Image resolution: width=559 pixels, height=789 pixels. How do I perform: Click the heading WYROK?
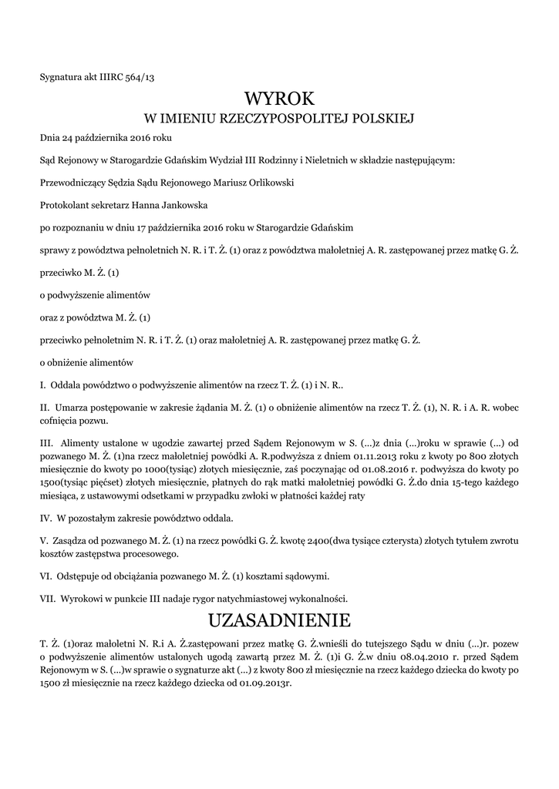(279, 99)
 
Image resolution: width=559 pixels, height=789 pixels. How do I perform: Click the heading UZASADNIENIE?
(279, 620)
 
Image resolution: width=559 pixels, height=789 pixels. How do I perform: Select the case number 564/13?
(147, 76)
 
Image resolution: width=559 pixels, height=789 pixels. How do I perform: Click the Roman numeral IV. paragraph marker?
(45, 518)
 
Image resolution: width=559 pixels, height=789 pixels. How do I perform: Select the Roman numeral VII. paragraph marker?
(47, 597)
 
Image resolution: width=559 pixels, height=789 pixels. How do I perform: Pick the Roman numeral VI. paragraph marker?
(45, 576)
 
